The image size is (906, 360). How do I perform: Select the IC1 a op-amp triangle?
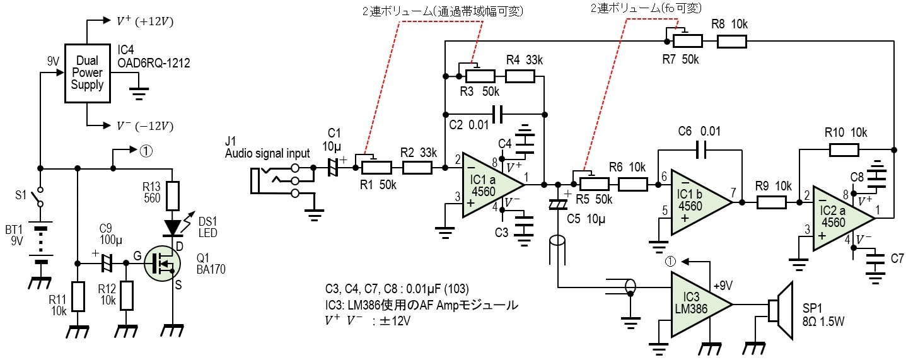click(x=489, y=185)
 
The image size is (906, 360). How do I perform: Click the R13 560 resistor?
click(x=172, y=195)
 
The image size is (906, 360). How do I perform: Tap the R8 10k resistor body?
click(x=731, y=42)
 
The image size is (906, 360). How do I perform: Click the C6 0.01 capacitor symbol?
click(x=701, y=150)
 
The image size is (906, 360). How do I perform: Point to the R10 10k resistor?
click(x=844, y=150)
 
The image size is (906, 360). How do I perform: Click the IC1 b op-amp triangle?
click(x=697, y=202)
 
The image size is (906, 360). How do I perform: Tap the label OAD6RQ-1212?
click(x=153, y=63)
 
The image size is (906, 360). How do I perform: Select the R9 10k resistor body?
click(x=771, y=202)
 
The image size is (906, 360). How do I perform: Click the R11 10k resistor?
click(x=78, y=297)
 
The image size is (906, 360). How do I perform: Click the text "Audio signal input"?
click(x=267, y=153)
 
